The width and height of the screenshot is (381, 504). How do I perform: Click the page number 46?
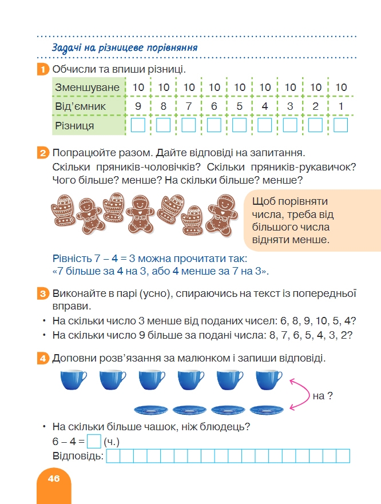(54, 479)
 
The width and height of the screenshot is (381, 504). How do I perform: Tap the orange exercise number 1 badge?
(43, 69)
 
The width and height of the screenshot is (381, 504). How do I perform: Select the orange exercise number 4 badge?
(43, 358)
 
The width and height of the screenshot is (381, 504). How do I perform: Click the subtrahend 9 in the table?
(138, 106)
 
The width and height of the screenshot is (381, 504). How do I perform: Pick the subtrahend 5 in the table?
(239, 106)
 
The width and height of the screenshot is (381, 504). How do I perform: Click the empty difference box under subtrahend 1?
(341, 125)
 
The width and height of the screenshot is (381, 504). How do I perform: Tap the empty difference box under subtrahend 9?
(138, 125)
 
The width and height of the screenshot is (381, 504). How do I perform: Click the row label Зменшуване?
(87, 88)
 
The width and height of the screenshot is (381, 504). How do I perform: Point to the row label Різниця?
(74, 125)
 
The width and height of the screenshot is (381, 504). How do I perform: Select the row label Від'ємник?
(80, 106)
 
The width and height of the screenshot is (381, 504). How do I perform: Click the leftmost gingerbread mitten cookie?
(64, 209)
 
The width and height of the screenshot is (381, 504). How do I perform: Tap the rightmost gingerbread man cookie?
(222, 215)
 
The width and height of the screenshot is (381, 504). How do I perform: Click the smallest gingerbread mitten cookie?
(193, 220)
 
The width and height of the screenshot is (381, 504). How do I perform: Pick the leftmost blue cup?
(73, 380)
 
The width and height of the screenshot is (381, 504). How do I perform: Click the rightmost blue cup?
(269, 380)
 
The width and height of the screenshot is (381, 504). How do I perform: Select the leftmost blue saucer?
(151, 410)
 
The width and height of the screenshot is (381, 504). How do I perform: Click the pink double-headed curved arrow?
(307, 395)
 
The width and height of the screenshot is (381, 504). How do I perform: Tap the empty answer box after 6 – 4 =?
(94, 441)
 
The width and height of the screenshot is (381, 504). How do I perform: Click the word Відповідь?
(78, 456)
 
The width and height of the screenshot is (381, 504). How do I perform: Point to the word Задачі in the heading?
(66, 48)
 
